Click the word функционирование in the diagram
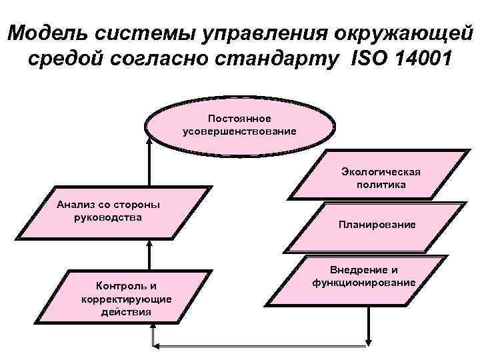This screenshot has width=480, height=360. point(364,283)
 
